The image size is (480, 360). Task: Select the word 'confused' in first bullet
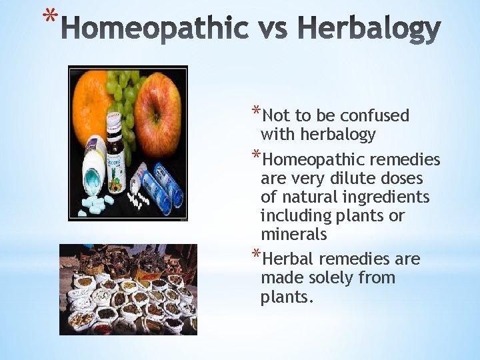point(377,116)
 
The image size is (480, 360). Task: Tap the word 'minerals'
point(293,235)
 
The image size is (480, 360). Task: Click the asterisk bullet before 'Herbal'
point(256,255)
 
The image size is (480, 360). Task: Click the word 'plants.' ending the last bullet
point(287,297)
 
